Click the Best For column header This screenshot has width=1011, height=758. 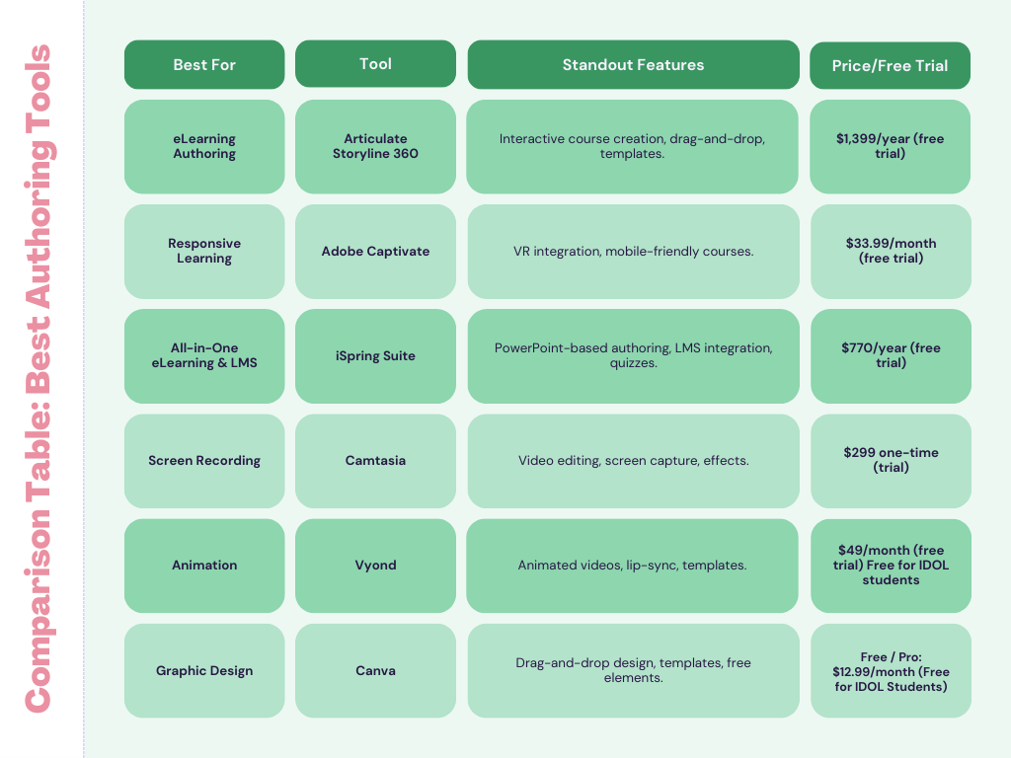[x=204, y=64]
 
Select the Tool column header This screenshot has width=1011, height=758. [x=375, y=64]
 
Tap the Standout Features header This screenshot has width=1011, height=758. [x=633, y=64]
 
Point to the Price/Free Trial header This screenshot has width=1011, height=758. [x=890, y=66]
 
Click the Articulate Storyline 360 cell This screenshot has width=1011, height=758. [x=375, y=146]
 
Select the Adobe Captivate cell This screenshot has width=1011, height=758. [x=375, y=252]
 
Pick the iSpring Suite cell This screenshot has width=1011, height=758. [x=375, y=355]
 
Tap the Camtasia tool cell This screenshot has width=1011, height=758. [x=375, y=461]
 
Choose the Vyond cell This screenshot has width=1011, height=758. [x=375, y=566]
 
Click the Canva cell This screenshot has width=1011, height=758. [x=375, y=670]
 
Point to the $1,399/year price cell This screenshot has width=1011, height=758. [x=890, y=146]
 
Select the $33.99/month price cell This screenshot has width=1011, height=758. [x=891, y=252]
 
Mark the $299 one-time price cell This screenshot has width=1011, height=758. [x=891, y=461]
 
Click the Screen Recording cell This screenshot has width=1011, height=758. [x=204, y=461]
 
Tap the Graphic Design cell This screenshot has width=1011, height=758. [x=204, y=670]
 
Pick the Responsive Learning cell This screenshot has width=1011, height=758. [x=204, y=252]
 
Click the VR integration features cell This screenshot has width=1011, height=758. [x=633, y=252]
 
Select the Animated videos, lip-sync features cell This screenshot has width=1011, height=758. [x=632, y=566]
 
